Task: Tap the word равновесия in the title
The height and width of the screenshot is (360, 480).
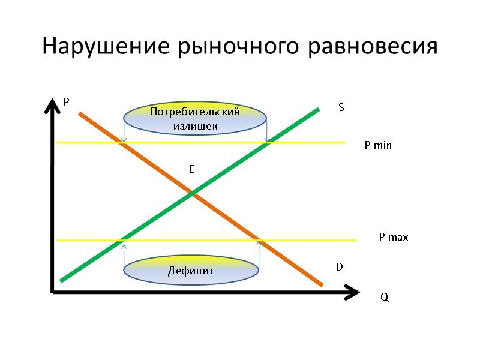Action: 373,47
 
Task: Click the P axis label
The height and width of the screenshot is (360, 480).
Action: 67,103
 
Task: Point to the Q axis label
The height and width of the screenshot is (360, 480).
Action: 385,298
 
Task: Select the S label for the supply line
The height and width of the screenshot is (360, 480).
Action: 341,107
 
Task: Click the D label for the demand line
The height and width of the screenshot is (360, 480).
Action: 339,266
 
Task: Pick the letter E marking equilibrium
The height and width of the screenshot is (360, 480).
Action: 191,170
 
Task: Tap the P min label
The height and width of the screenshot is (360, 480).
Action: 378,145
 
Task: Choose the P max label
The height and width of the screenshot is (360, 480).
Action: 393,238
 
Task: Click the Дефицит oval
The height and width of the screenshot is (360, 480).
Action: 191,271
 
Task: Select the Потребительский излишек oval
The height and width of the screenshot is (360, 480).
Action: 195,119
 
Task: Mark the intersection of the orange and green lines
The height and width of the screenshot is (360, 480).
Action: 192,193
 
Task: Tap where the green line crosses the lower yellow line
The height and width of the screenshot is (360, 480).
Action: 124,241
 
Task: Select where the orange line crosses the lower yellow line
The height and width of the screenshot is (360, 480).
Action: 259,241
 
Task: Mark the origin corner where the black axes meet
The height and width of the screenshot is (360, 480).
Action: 53,293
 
